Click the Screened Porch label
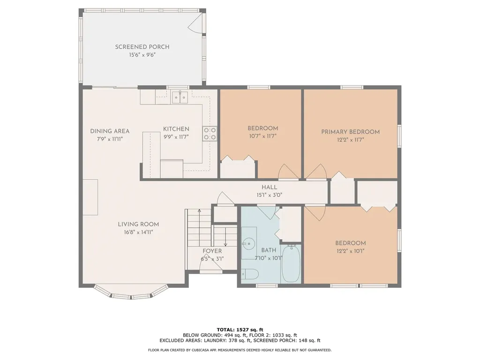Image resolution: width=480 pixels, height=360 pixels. coord(142,47)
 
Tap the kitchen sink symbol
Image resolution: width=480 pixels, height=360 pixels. coord(180,97)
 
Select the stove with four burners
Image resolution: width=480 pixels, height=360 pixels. coord(210,134)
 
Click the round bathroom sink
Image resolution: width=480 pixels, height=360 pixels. coord(248,243)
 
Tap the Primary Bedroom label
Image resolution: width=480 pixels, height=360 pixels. coord(350,132)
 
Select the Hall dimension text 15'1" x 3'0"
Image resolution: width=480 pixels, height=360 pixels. coord(269,195)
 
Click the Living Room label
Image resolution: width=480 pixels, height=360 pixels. coord(138,224)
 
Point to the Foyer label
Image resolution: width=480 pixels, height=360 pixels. coord(212,251)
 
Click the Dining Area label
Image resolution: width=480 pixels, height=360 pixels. coord(110,131)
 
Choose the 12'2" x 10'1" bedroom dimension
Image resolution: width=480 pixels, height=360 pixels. coord(350,251)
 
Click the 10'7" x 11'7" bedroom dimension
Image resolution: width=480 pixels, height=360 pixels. coord(262,136)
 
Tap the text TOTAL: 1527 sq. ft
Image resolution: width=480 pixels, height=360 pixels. coord(240,329)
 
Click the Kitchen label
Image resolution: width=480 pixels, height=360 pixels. coord(176,129)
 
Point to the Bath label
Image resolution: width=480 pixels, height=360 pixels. coord(269,250)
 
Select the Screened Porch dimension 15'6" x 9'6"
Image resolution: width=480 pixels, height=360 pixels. coord(142,55)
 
